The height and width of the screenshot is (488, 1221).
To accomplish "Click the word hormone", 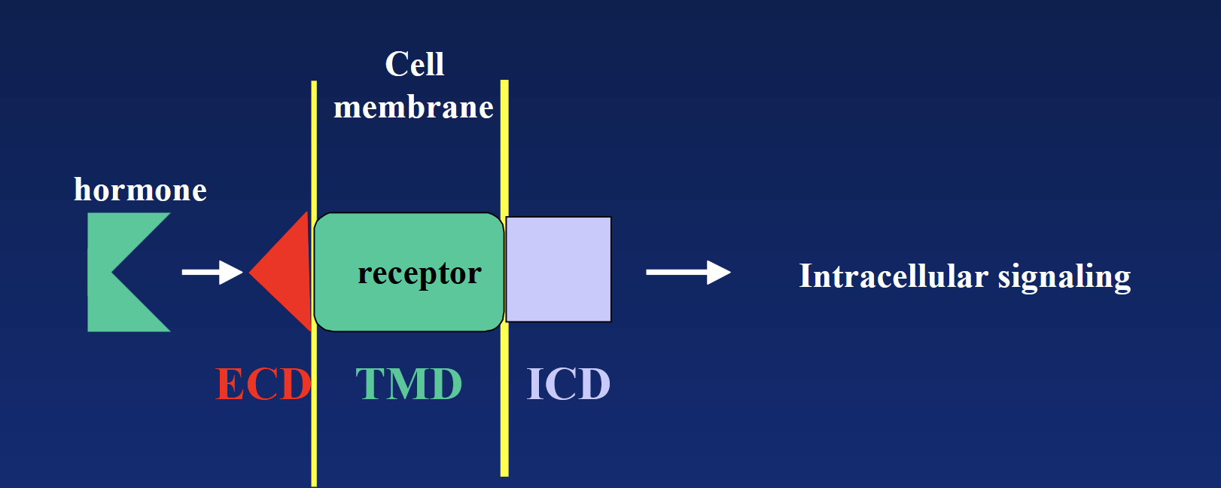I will [x=140, y=190].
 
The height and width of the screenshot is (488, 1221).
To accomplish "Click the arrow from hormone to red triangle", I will [x=212, y=272].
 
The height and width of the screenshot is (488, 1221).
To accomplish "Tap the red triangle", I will [x=290, y=272].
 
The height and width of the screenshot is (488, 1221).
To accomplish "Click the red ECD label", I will [x=263, y=384].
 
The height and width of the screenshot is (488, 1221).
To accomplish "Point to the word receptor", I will [x=419, y=273].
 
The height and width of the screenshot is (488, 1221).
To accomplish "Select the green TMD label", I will [x=409, y=384].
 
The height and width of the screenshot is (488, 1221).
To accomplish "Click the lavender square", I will [x=559, y=270].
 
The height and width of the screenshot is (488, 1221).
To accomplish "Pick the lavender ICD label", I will [x=568, y=384].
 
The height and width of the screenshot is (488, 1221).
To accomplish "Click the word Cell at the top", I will [x=414, y=65].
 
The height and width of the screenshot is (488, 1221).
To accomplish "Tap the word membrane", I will [x=413, y=108].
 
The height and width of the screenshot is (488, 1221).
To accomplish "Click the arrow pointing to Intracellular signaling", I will [x=687, y=272].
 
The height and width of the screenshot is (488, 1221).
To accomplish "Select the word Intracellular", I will [x=893, y=276].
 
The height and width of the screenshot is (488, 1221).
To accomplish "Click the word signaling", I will [x=1064, y=277].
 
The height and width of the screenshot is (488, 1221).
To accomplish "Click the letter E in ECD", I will [x=229, y=384].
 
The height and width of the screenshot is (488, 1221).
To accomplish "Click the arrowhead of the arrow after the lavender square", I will [x=719, y=272].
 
